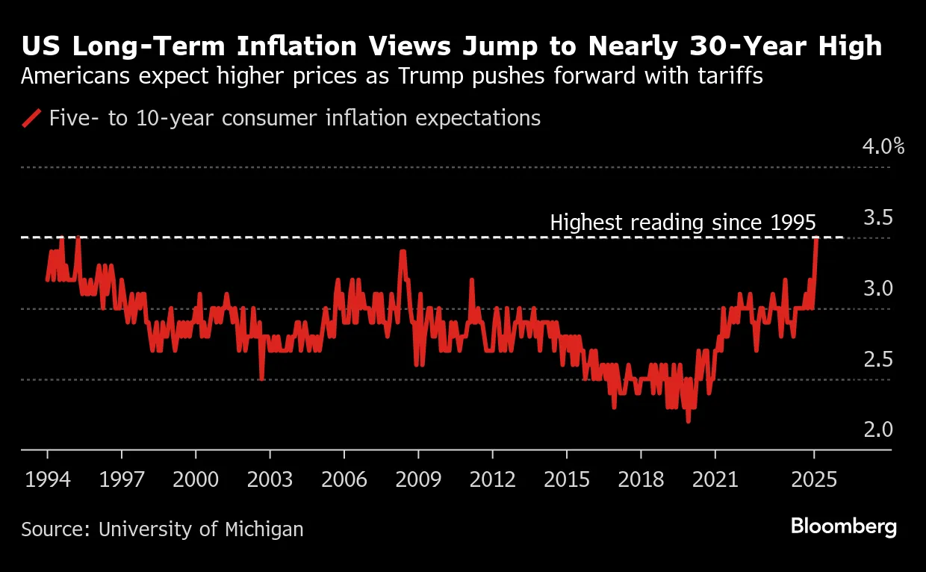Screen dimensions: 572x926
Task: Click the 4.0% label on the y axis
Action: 883,146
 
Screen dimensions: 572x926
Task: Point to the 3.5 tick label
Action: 878,218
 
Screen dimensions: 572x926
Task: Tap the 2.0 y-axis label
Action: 878,429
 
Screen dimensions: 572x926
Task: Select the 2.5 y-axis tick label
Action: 878,359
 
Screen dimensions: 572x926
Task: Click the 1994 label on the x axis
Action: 48,479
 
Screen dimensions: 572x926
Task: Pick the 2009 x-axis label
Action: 418,479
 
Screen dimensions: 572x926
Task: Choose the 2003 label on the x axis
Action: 270,479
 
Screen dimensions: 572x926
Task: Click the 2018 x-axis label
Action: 641,479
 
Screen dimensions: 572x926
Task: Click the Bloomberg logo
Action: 843,526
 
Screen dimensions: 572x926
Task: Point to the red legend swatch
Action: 31,118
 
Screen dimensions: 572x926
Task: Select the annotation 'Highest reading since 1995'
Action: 683,223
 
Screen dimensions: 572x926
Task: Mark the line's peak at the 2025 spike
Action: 816,239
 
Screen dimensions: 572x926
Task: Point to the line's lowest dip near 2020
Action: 688,421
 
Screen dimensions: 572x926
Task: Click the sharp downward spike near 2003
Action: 261,379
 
